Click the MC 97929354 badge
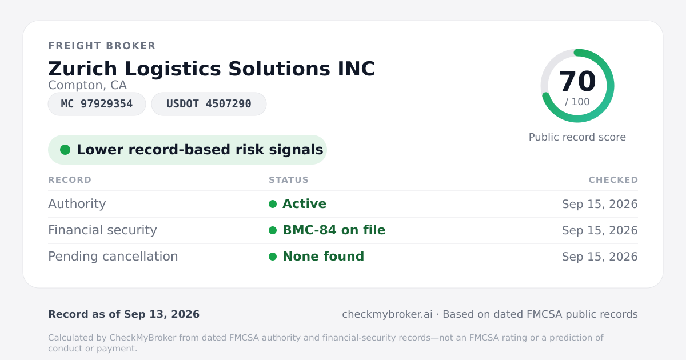coord(97,104)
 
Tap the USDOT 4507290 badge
coord(209,104)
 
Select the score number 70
coord(577,81)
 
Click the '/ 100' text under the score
coord(577,102)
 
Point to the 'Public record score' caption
coord(577,137)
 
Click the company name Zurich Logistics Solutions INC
coord(212,69)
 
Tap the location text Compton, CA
coord(87,85)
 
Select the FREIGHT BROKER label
coord(102,46)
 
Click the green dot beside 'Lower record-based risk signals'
coord(65,150)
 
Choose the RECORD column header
coord(70,180)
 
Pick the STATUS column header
coord(289,180)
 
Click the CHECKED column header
coord(613,180)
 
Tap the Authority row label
coord(77,204)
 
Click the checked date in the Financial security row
coord(600,230)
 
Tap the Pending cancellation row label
coord(113,257)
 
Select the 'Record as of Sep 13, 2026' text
coord(123,314)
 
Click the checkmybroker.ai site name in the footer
coord(388,314)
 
